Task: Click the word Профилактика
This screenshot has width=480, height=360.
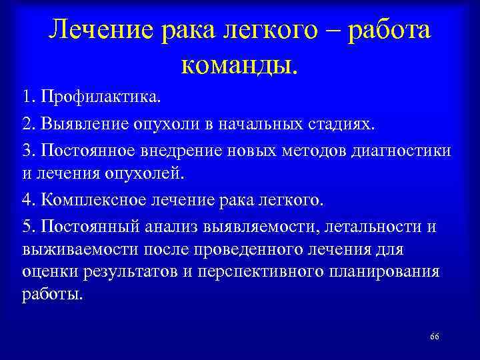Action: click(x=101, y=99)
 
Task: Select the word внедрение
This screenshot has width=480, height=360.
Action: click(x=167, y=151)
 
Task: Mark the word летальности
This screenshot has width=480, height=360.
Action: click(x=364, y=227)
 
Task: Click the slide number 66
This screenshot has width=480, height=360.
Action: click(x=435, y=336)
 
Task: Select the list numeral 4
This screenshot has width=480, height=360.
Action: click(x=26, y=201)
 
